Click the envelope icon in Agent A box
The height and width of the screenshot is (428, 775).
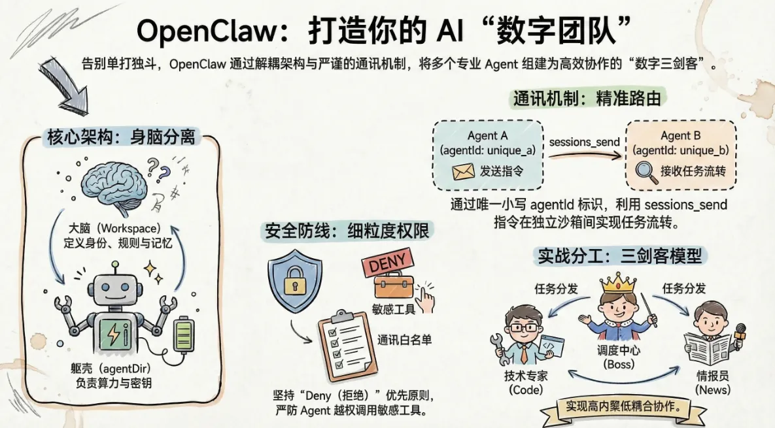click(x=463, y=172)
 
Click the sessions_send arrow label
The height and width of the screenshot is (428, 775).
click(x=584, y=141)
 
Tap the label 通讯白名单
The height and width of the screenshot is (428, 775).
click(x=404, y=340)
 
